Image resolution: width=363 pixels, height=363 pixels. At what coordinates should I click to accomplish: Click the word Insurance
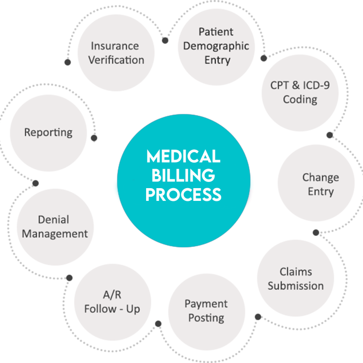point(114,46)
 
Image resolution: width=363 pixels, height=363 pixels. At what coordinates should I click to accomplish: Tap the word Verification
point(116,60)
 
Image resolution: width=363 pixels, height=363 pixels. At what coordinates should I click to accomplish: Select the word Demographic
point(216,46)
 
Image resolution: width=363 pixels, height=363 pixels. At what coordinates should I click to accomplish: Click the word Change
point(320,178)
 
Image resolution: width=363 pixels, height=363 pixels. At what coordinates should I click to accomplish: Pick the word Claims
point(295,272)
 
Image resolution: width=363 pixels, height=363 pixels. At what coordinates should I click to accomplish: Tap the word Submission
point(295,285)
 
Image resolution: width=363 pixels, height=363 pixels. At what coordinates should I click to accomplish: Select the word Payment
point(206,303)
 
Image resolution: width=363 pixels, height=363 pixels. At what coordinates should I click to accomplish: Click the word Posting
point(206,318)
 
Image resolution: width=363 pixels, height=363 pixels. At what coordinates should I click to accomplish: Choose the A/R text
point(112,295)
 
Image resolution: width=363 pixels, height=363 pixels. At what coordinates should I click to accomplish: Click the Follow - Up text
point(112,309)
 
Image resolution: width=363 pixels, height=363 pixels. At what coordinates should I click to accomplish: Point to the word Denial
point(53,220)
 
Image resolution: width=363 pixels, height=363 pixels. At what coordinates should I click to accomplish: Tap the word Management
point(55,233)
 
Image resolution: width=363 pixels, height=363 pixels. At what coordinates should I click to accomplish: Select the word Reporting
point(48,132)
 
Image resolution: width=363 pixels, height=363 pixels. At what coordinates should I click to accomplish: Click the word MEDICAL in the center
point(183,156)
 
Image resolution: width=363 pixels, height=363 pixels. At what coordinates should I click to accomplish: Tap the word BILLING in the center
point(183,175)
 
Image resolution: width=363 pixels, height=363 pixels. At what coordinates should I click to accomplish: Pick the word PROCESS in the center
point(183,194)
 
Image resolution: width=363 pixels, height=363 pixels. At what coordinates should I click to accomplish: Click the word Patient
point(216,32)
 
